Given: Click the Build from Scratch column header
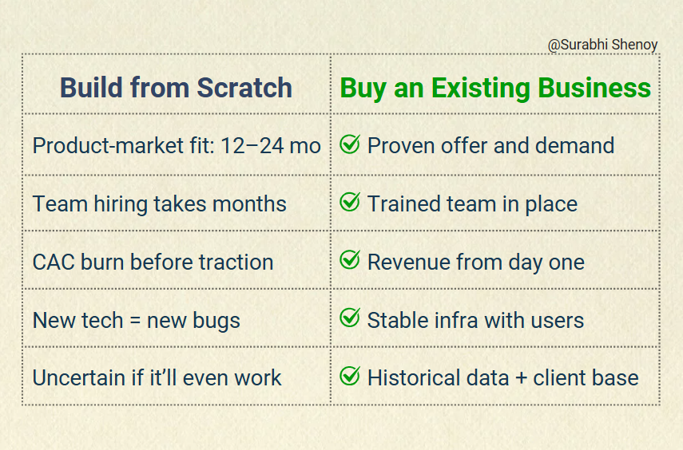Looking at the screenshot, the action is click(x=176, y=88).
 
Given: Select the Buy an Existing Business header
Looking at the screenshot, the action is click(x=495, y=89).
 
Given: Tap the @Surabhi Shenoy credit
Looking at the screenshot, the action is click(x=602, y=45).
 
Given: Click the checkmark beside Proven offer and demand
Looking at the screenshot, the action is click(x=350, y=144).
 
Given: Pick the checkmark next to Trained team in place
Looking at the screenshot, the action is click(x=350, y=202).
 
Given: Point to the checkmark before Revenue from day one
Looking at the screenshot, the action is click(x=350, y=260).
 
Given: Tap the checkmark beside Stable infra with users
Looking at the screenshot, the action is click(x=350, y=318).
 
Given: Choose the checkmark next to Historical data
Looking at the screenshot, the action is click(x=350, y=376).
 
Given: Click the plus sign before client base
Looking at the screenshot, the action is click(x=521, y=378).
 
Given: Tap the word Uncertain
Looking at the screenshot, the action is click(x=79, y=377).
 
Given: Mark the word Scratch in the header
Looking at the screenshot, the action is click(x=244, y=88).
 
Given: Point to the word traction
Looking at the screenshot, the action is click(x=236, y=262).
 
